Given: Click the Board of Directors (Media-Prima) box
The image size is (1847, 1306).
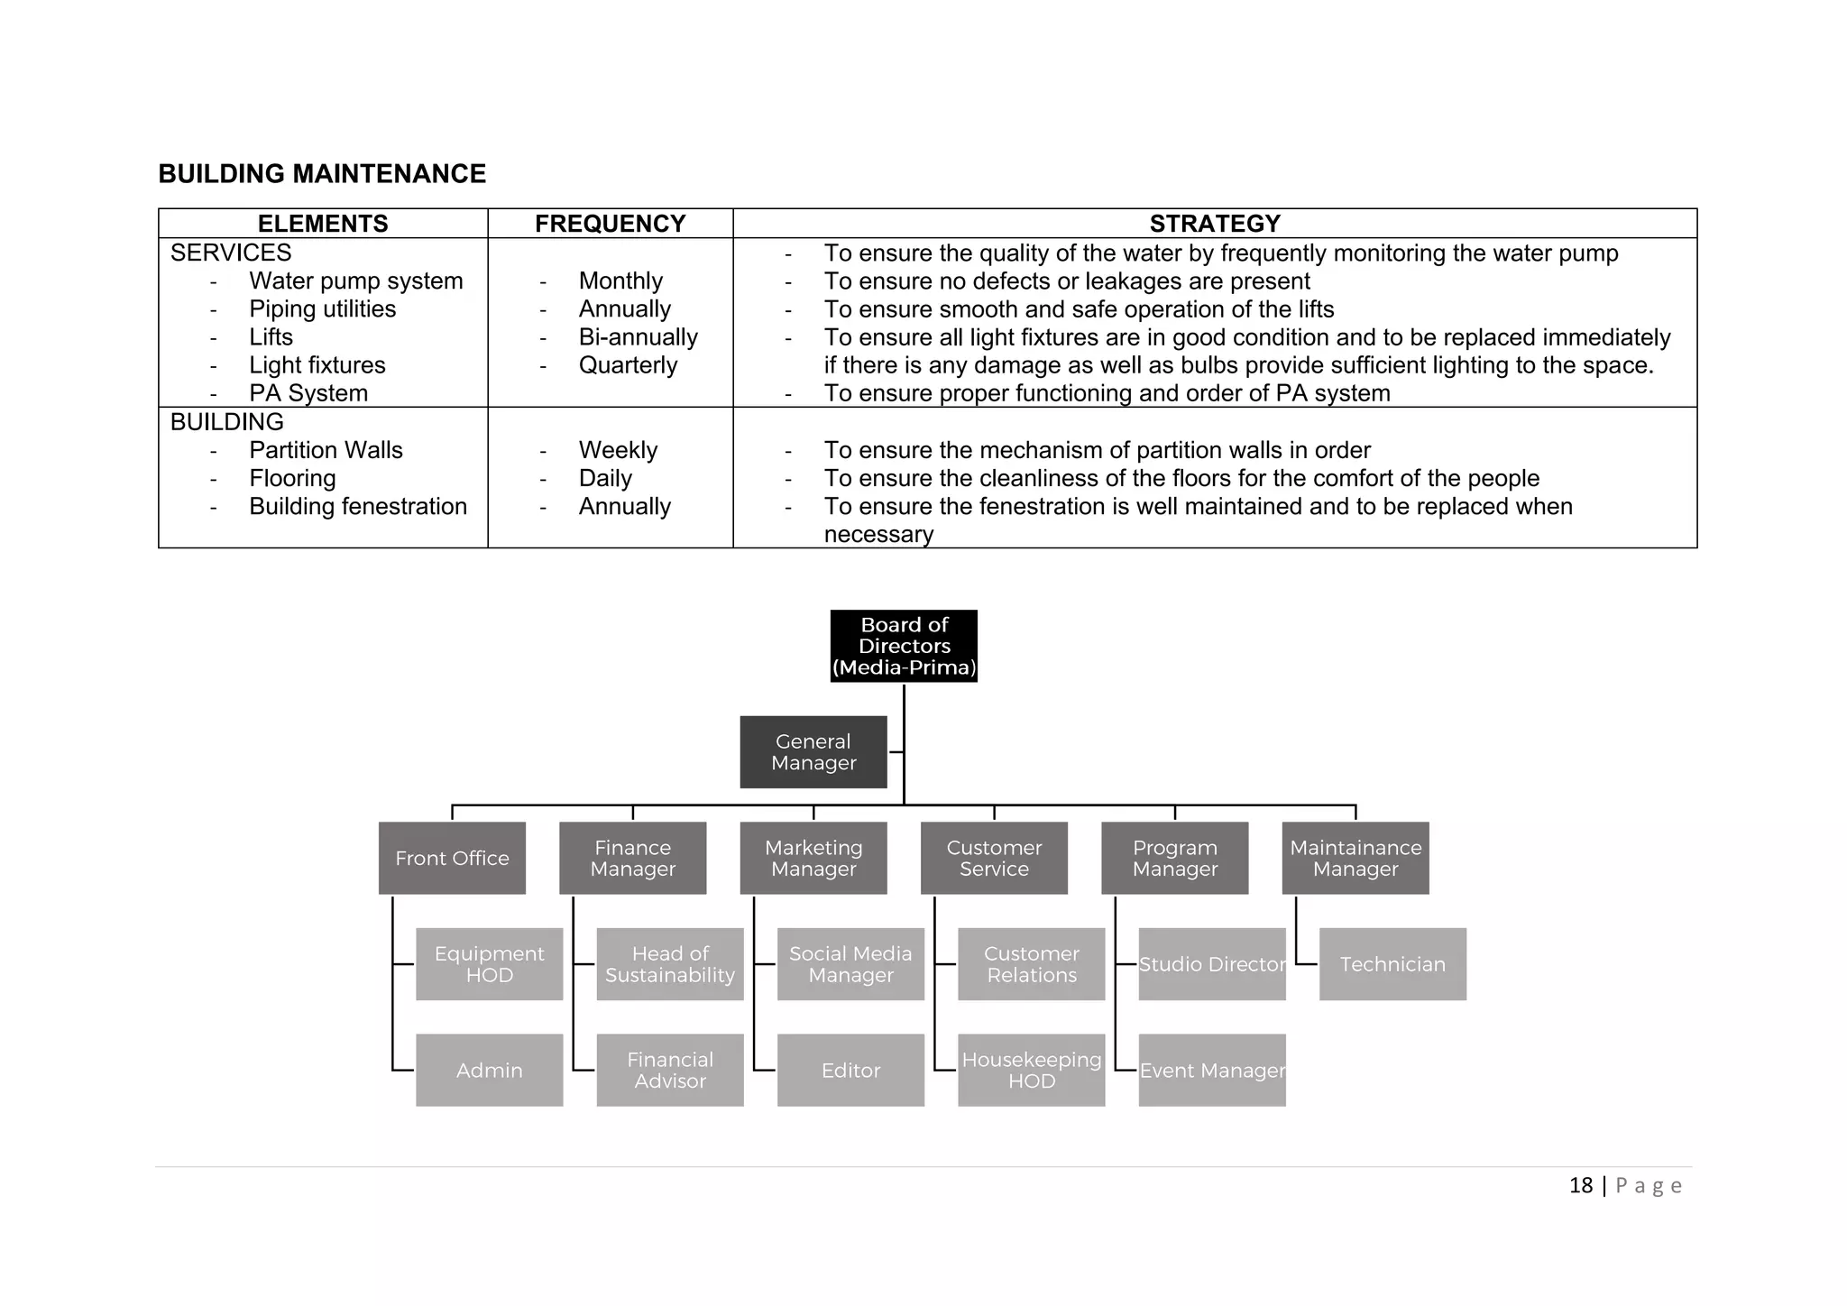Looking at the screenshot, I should pos(904,646).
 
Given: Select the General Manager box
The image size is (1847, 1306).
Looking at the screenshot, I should pos(813,752).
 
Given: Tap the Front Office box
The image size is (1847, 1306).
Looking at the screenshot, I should pos(452,858).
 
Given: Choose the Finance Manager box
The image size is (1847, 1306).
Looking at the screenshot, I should pos(632,858).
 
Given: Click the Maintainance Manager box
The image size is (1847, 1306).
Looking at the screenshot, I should pos(1355,858).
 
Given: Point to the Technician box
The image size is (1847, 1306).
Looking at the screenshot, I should pos(1392,964).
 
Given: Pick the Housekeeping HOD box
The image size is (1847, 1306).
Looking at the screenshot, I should pos(1032,1070).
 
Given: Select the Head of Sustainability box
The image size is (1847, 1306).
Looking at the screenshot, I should pos(670,964).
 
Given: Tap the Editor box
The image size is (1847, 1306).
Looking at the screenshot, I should pos(850,1070).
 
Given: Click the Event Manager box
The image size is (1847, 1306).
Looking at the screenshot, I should pos(1212,1070).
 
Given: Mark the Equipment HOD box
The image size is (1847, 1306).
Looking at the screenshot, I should pos(489,964).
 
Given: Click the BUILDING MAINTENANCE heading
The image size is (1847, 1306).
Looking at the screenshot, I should pos(322,174).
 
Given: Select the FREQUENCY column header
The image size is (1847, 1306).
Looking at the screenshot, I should pos(610,224).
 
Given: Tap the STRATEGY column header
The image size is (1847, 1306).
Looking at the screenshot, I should pos(1215,224).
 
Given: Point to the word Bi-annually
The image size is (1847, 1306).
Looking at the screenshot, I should pos(638,337).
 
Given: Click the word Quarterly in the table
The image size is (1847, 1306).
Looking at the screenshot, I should pos(628,365).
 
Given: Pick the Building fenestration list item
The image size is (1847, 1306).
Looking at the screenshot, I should pos(358,507).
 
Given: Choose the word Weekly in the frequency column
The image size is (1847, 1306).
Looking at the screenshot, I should pos(618,450).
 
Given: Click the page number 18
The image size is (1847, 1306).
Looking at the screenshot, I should pos(1580,1185).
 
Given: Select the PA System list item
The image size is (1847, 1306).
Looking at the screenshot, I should pos(308,393).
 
